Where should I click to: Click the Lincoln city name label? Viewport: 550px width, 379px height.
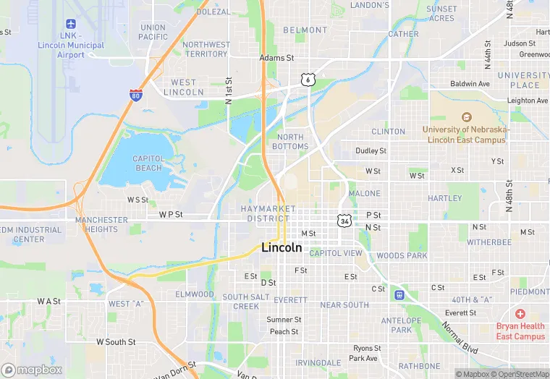pyautogui.click(x=282, y=247)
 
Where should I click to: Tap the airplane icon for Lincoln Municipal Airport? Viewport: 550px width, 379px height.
pyautogui.click(x=70, y=25)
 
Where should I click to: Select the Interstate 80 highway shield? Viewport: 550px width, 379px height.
pyautogui.click(x=135, y=95)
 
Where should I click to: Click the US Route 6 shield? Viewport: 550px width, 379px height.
pyautogui.click(x=308, y=80)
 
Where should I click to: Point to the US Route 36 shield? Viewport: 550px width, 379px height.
pyautogui.click(x=344, y=219)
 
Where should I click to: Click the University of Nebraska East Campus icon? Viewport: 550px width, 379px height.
pyautogui.click(x=466, y=117)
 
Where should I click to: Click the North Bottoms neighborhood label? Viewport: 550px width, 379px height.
pyautogui.click(x=290, y=142)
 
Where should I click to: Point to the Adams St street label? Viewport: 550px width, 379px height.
pyautogui.click(x=277, y=58)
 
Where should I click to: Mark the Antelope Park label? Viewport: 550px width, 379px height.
pyautogui.click(x=401, y=325)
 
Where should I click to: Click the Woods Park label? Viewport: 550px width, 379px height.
pyautogui.click(x=402, y=255)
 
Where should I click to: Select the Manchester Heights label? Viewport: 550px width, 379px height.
pyautogui.click(x=101, y=224)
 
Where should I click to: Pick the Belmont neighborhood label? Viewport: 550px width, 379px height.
pyautogui.click(x=305, y=30)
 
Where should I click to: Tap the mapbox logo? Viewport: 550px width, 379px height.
pyautogui.click(x=32, y=370)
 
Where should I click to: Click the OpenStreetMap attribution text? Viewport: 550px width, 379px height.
pyautogui.click(x=521, y=374)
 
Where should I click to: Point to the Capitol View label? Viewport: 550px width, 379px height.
pyautogui.click(x=336, y=253)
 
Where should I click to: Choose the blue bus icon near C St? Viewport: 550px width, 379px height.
pyautogui.click(x=398, y=294)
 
